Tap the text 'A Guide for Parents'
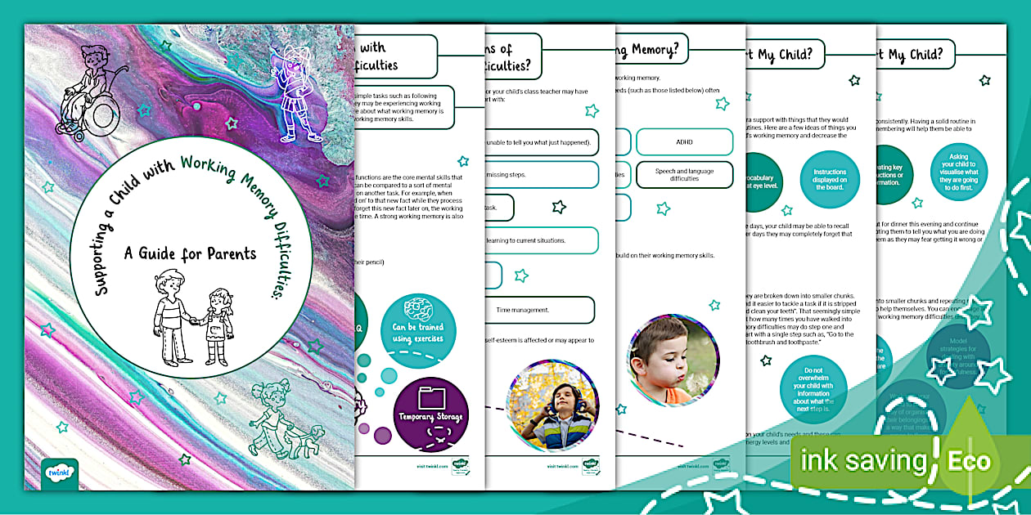pyautogui.click(x=190, y=253)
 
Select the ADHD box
pyautogui.click(x=684, y=142)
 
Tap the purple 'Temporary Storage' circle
pyautogui.click(x=430, y=414)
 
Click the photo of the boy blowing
pyautogui.click(x=673, y=359)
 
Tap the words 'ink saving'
pyautogui.click(x=863, y=461)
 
